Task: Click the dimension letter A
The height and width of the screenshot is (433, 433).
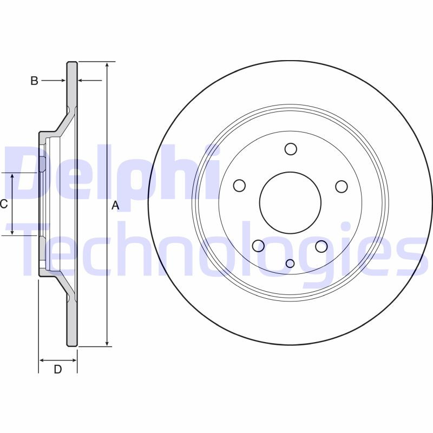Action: click(115, 205)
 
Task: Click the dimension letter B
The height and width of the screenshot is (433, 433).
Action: click(34, 81)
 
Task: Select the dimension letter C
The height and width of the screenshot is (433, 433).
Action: click(4, 204)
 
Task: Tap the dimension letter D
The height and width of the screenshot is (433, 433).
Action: click(57, 370)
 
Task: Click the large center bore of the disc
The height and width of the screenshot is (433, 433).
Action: click(291, 203)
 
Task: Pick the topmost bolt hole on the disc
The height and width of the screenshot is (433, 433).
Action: click(291, 149)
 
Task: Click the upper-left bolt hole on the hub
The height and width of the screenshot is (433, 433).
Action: click(240, 186)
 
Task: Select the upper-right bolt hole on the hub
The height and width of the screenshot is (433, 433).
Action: click(341, 186)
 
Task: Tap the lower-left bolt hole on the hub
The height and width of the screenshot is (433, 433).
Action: click(259, 246)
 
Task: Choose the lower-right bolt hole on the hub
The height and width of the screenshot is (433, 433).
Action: click(322, 246)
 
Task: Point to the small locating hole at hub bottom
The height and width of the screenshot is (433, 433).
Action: click(290, 264)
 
